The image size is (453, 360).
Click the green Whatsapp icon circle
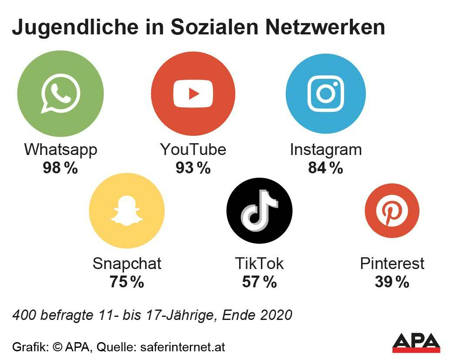[61, 94]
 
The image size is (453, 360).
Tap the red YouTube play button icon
[193, 94]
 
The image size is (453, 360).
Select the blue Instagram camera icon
[325, 94]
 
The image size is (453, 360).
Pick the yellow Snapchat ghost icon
[127, 212]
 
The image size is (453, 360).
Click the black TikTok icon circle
[259, 212]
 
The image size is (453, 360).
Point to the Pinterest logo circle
[392, 211]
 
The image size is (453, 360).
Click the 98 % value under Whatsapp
[60, 168]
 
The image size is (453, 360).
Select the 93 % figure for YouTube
[193, 168]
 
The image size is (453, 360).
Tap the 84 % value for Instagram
[325, 168]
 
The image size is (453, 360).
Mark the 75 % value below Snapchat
[127, 282]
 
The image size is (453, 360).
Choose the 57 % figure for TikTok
[259, 282]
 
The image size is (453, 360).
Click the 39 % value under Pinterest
[392, 282]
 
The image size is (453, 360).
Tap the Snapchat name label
[127, 263]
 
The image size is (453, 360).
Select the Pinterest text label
[392, 263]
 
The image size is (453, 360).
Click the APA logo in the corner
[416, 343]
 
